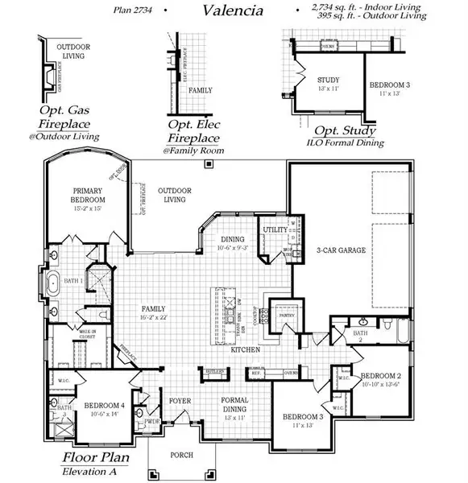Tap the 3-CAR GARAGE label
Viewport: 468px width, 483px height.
[341, 250]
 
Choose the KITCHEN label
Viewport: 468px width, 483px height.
[245, 350]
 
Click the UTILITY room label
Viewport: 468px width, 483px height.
[275, 230]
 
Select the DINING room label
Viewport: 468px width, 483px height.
[233, 239]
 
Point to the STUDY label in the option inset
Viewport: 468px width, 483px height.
[328, 80]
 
